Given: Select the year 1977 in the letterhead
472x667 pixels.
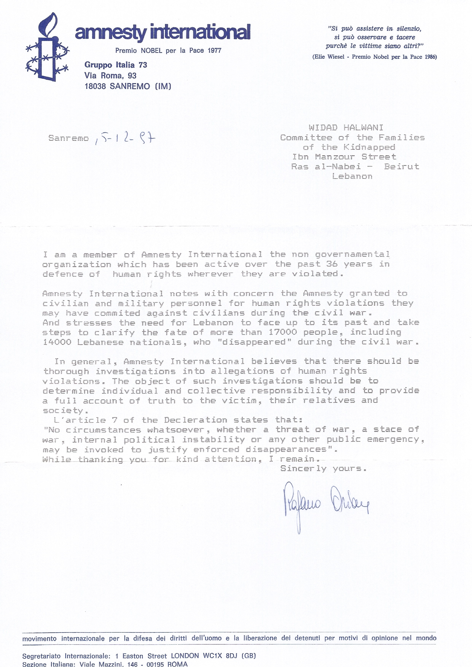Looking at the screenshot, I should click(214, 51).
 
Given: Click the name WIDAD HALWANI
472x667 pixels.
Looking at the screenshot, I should click(346, 128).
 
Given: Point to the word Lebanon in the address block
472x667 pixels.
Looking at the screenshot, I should click(352, 176).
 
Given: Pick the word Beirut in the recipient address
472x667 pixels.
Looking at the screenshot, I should click(401, 166).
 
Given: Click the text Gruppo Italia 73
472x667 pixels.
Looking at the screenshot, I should click(116, 65).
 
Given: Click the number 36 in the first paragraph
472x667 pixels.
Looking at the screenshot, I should click(332, 264).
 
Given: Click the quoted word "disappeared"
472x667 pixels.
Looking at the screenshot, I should click(254, 342).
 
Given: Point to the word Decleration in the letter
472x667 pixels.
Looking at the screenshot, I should click(196, 420).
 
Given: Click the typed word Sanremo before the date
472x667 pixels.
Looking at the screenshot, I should click(69, 138).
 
